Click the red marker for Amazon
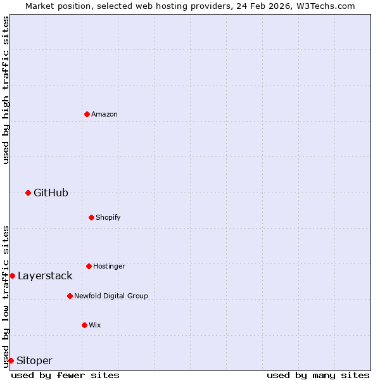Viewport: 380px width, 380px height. (87, 114)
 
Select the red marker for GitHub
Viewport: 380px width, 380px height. (28, 193)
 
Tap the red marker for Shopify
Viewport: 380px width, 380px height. (91, 217)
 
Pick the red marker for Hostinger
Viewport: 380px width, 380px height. (89, 266)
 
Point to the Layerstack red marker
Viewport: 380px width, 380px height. (12, 275)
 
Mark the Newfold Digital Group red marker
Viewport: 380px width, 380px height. (70, 296)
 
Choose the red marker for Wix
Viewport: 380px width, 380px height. (84, 325)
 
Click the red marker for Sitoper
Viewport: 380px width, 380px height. (11, 360)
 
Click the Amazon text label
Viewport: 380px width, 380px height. (104, 114)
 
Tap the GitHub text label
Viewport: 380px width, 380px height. (51, 193)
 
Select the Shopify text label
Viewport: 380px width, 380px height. (108, 217)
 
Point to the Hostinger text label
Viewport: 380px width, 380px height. (109, 266)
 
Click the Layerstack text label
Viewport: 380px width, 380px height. (45, 275)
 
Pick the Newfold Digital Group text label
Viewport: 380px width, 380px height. (111, 296)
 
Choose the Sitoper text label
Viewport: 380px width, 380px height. (34, 360)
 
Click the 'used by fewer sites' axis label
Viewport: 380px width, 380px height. (65, 375)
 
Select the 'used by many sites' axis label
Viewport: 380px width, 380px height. (318, 375)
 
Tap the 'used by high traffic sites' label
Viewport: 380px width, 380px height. (6, 90)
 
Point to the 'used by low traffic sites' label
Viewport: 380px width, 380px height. (6, 296)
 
